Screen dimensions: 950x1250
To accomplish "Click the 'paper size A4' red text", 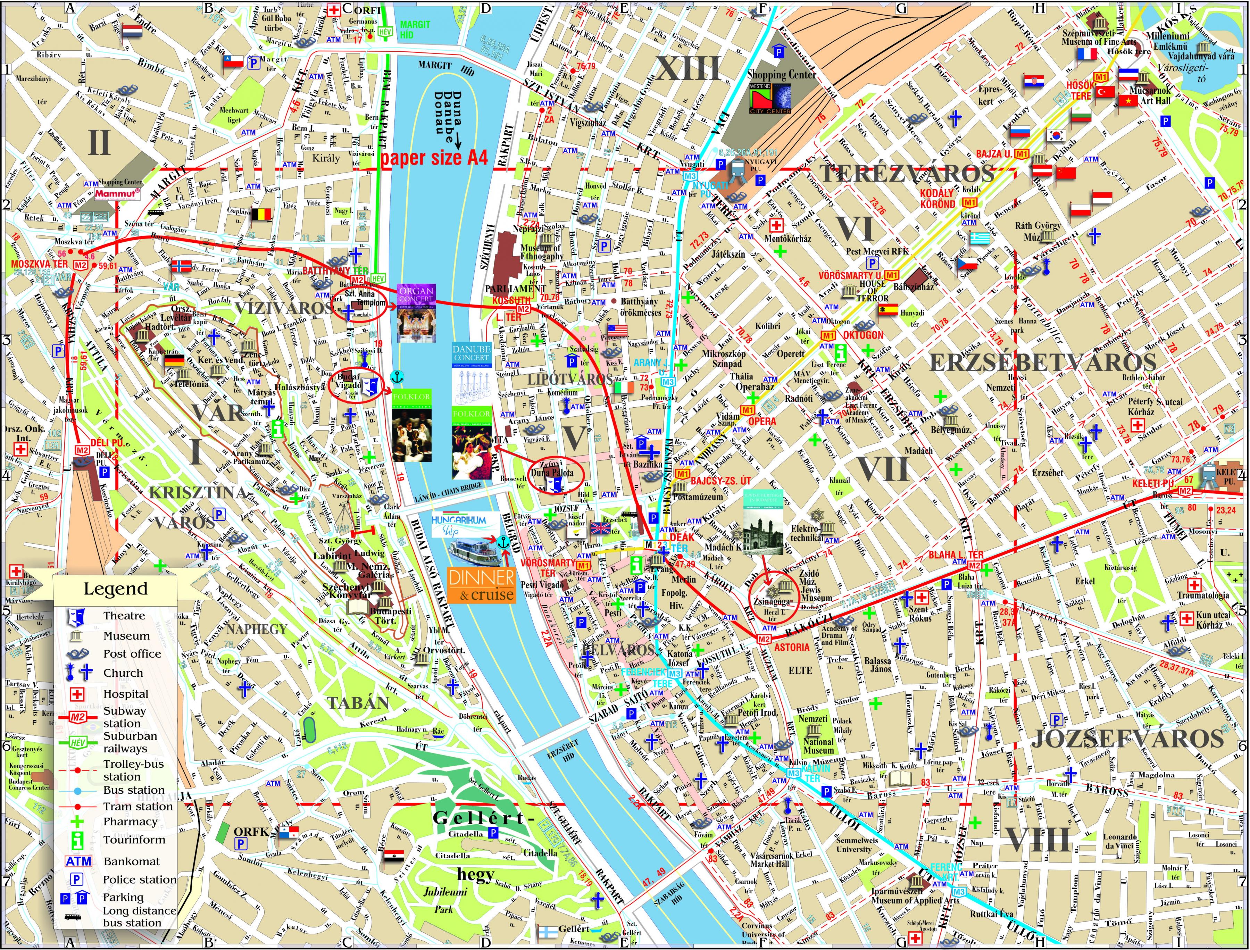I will click(x=434, y=158).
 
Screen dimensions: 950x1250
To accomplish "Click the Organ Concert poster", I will click(x=416, y=313).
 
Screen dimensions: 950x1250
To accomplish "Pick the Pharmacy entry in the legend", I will click(x=130, y=821).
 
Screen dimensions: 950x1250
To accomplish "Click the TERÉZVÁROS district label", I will click(x=907, y=173).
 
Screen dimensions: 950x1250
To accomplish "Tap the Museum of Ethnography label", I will click(x=541, y=252).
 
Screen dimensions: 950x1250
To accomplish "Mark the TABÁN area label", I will click(x=358, y=703).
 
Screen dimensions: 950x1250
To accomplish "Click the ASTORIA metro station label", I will click(x=792, y=647).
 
